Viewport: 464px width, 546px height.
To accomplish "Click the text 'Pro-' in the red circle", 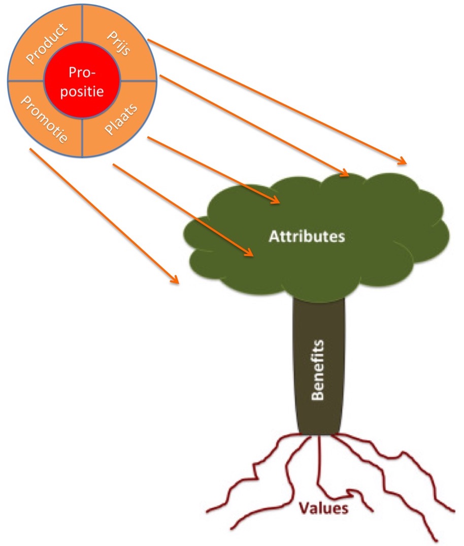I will (82, 74).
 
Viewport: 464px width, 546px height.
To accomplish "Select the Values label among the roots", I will (323, 508).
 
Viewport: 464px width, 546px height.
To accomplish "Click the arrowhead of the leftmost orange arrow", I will (176, 280).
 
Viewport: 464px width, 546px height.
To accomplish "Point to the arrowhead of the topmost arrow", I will (404, 163).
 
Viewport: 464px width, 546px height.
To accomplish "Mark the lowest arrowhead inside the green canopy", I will (250, 253).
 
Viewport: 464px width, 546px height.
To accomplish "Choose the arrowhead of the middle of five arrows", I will (277, 201).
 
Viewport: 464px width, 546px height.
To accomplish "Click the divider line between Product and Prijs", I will (82, 25).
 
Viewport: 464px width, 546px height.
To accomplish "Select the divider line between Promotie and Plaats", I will (82, 135).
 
